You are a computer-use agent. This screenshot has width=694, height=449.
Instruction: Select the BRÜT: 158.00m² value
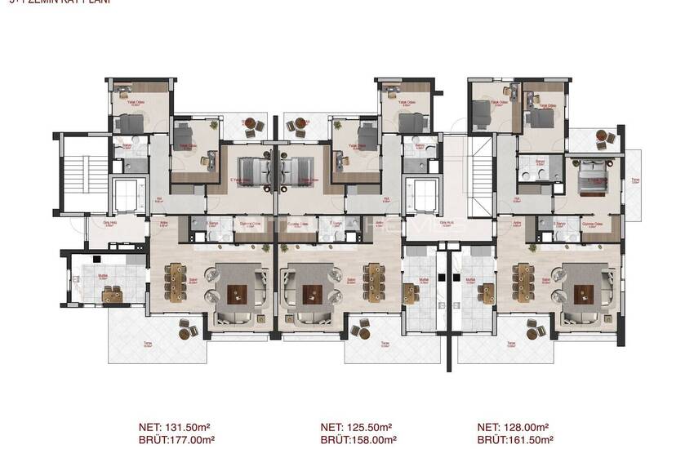(x=356, y=438)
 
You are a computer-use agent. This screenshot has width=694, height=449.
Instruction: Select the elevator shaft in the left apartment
(x=127, y=197)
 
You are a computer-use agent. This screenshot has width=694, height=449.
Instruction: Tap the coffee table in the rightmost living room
(x=584, y=293)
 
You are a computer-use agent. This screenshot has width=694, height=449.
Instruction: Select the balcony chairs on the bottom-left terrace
(x=189, y=328)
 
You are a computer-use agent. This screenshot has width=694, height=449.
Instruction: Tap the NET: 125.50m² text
(x=356, y=427)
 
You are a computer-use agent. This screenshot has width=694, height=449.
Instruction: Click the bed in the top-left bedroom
(x=130, y=123)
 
